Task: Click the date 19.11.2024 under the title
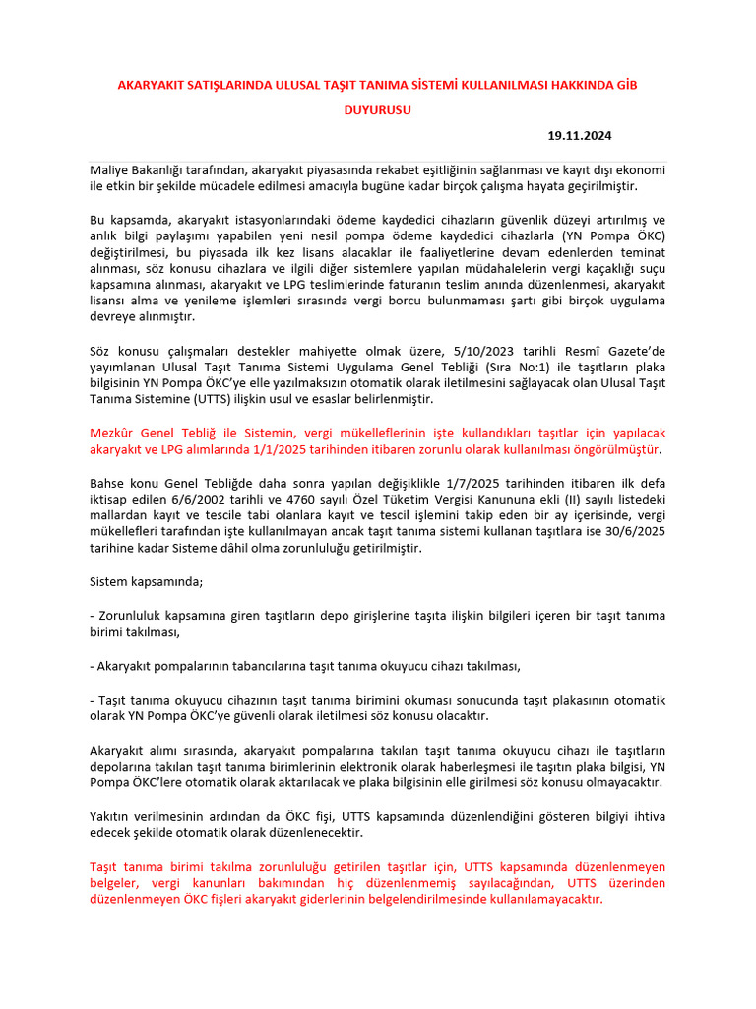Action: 586,135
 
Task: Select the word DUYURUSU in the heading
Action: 377,110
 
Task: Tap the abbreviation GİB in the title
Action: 625,86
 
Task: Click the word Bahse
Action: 108,484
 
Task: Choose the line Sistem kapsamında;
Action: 147,581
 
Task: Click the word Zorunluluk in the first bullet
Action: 131,616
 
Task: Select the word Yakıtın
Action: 111,816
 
